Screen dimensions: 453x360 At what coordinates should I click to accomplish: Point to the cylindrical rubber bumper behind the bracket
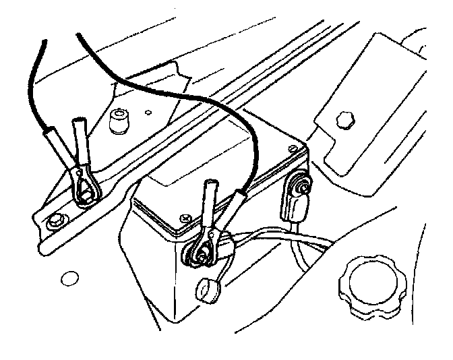click(119, 122)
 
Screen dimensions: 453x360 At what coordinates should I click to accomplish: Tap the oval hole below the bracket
click(67, 277)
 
